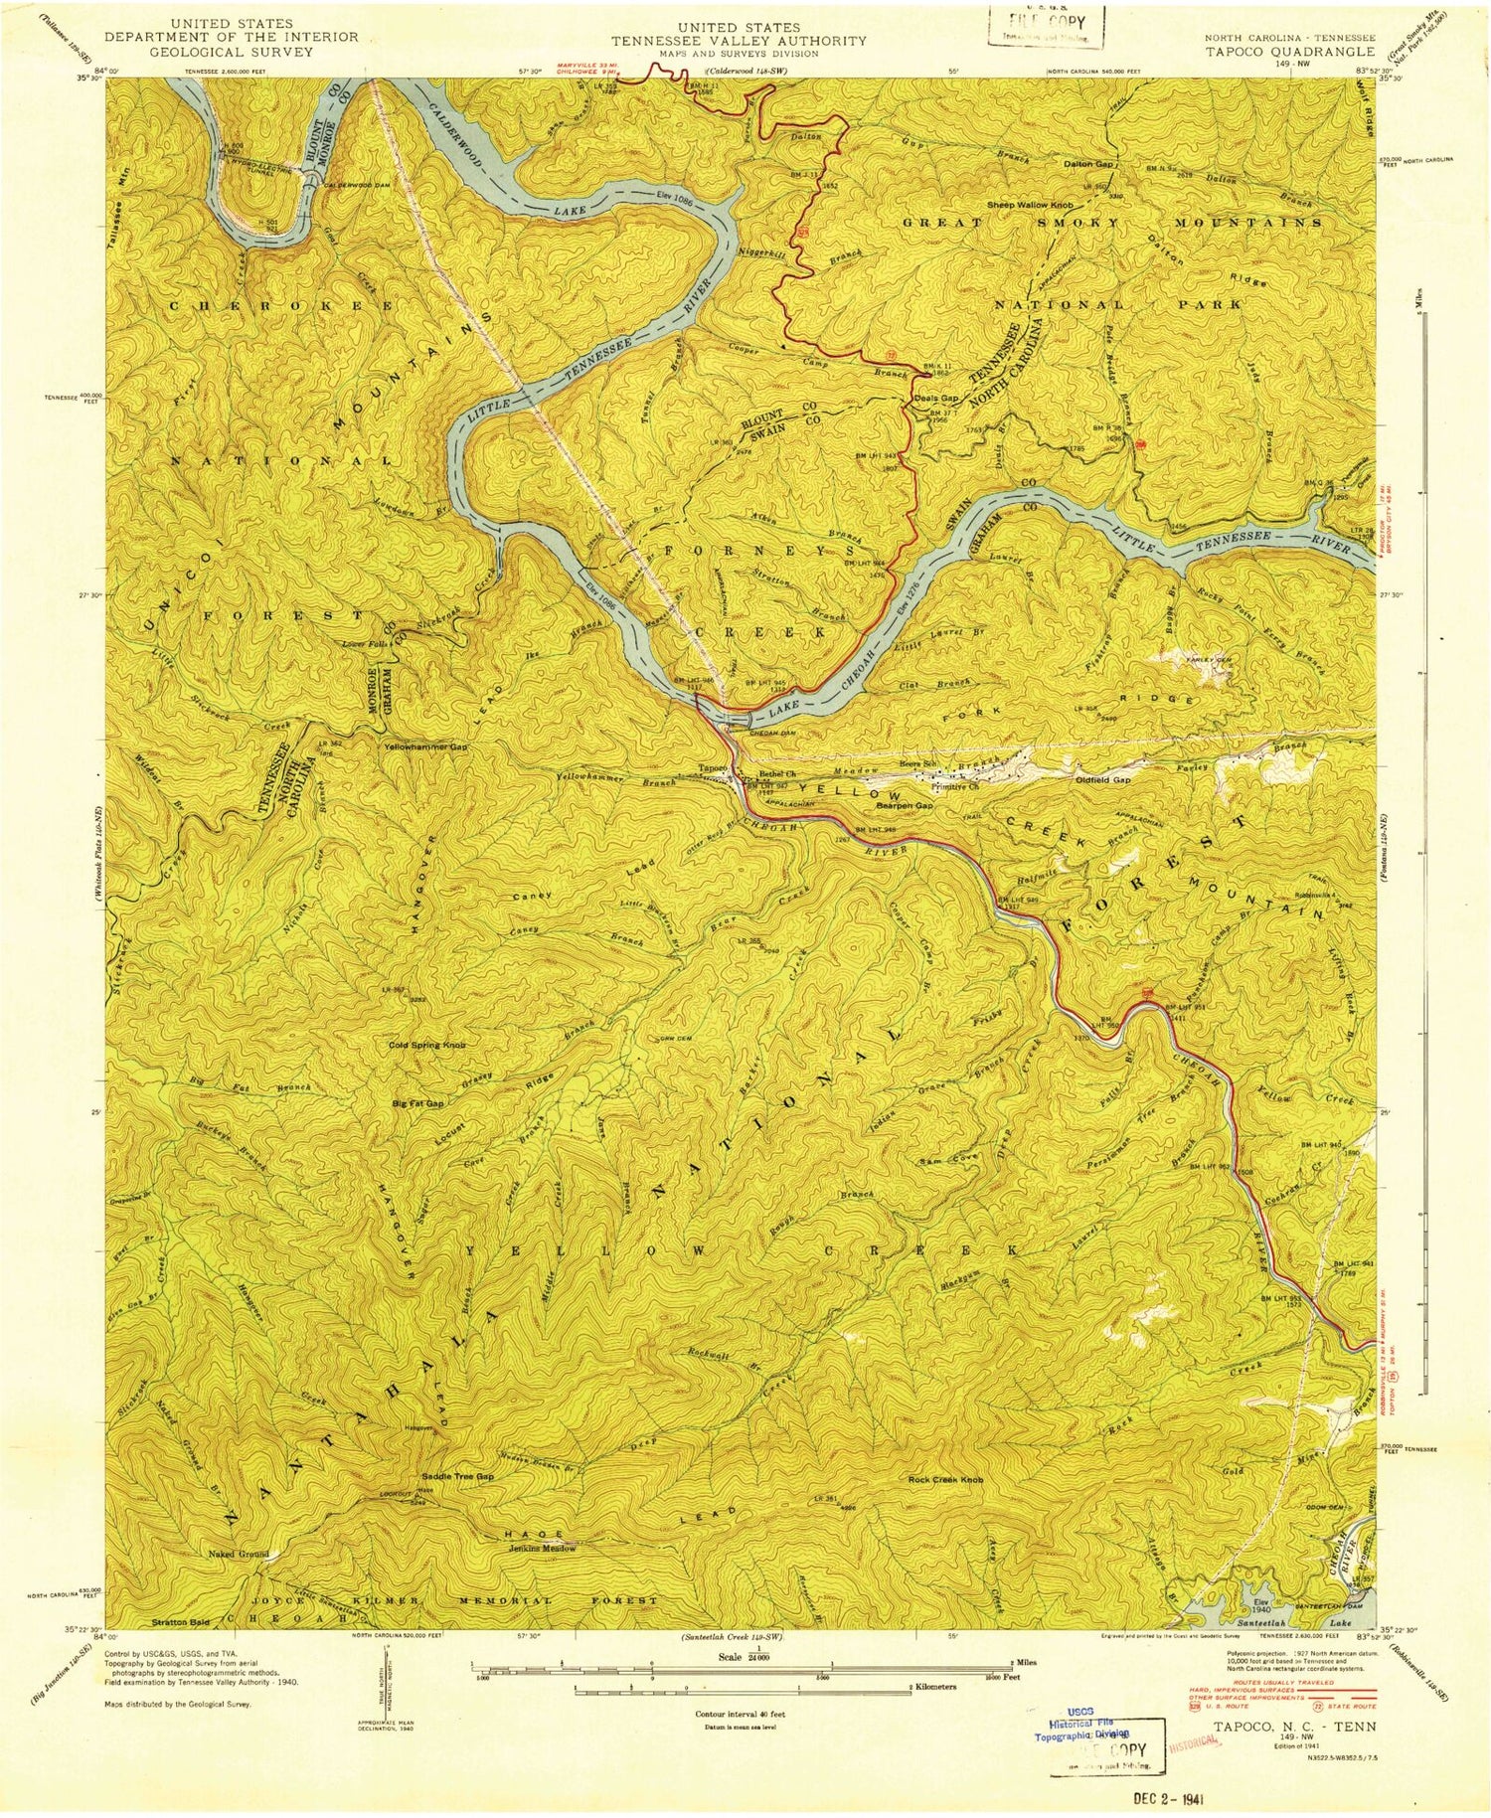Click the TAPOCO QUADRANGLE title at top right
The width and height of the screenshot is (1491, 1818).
coord(1289,51)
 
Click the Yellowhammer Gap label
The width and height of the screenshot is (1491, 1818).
coord(428,745)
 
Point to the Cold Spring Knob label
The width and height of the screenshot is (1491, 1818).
coord(427,1045)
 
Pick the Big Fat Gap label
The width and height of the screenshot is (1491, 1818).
coord(418,1104)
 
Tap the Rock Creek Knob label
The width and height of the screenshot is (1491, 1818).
coord(946,1480)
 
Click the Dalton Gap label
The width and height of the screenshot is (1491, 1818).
coord(1090,164)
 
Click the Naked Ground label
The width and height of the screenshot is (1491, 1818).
coord(238,1554)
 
